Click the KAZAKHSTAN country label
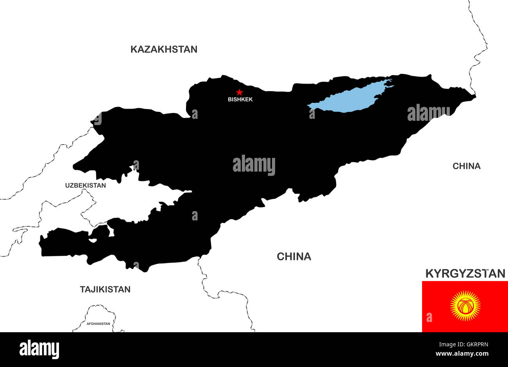[164, 49]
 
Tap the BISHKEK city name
[240, 99]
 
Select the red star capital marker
[240, 92]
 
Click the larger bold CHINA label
[294, 256]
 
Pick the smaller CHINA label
[466, 166]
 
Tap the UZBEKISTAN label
[85, 185]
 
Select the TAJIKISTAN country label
[105, 290]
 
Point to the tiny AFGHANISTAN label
[98, 324]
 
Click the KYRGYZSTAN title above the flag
[465, 273]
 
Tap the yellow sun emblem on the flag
[465, 306]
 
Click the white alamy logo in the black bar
[39, 349]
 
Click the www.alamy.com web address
[462, 354]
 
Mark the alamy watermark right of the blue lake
[429, 113]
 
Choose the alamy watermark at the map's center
[254, 165]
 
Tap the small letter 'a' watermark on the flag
[429, 317]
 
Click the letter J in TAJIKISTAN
[94, 290]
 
